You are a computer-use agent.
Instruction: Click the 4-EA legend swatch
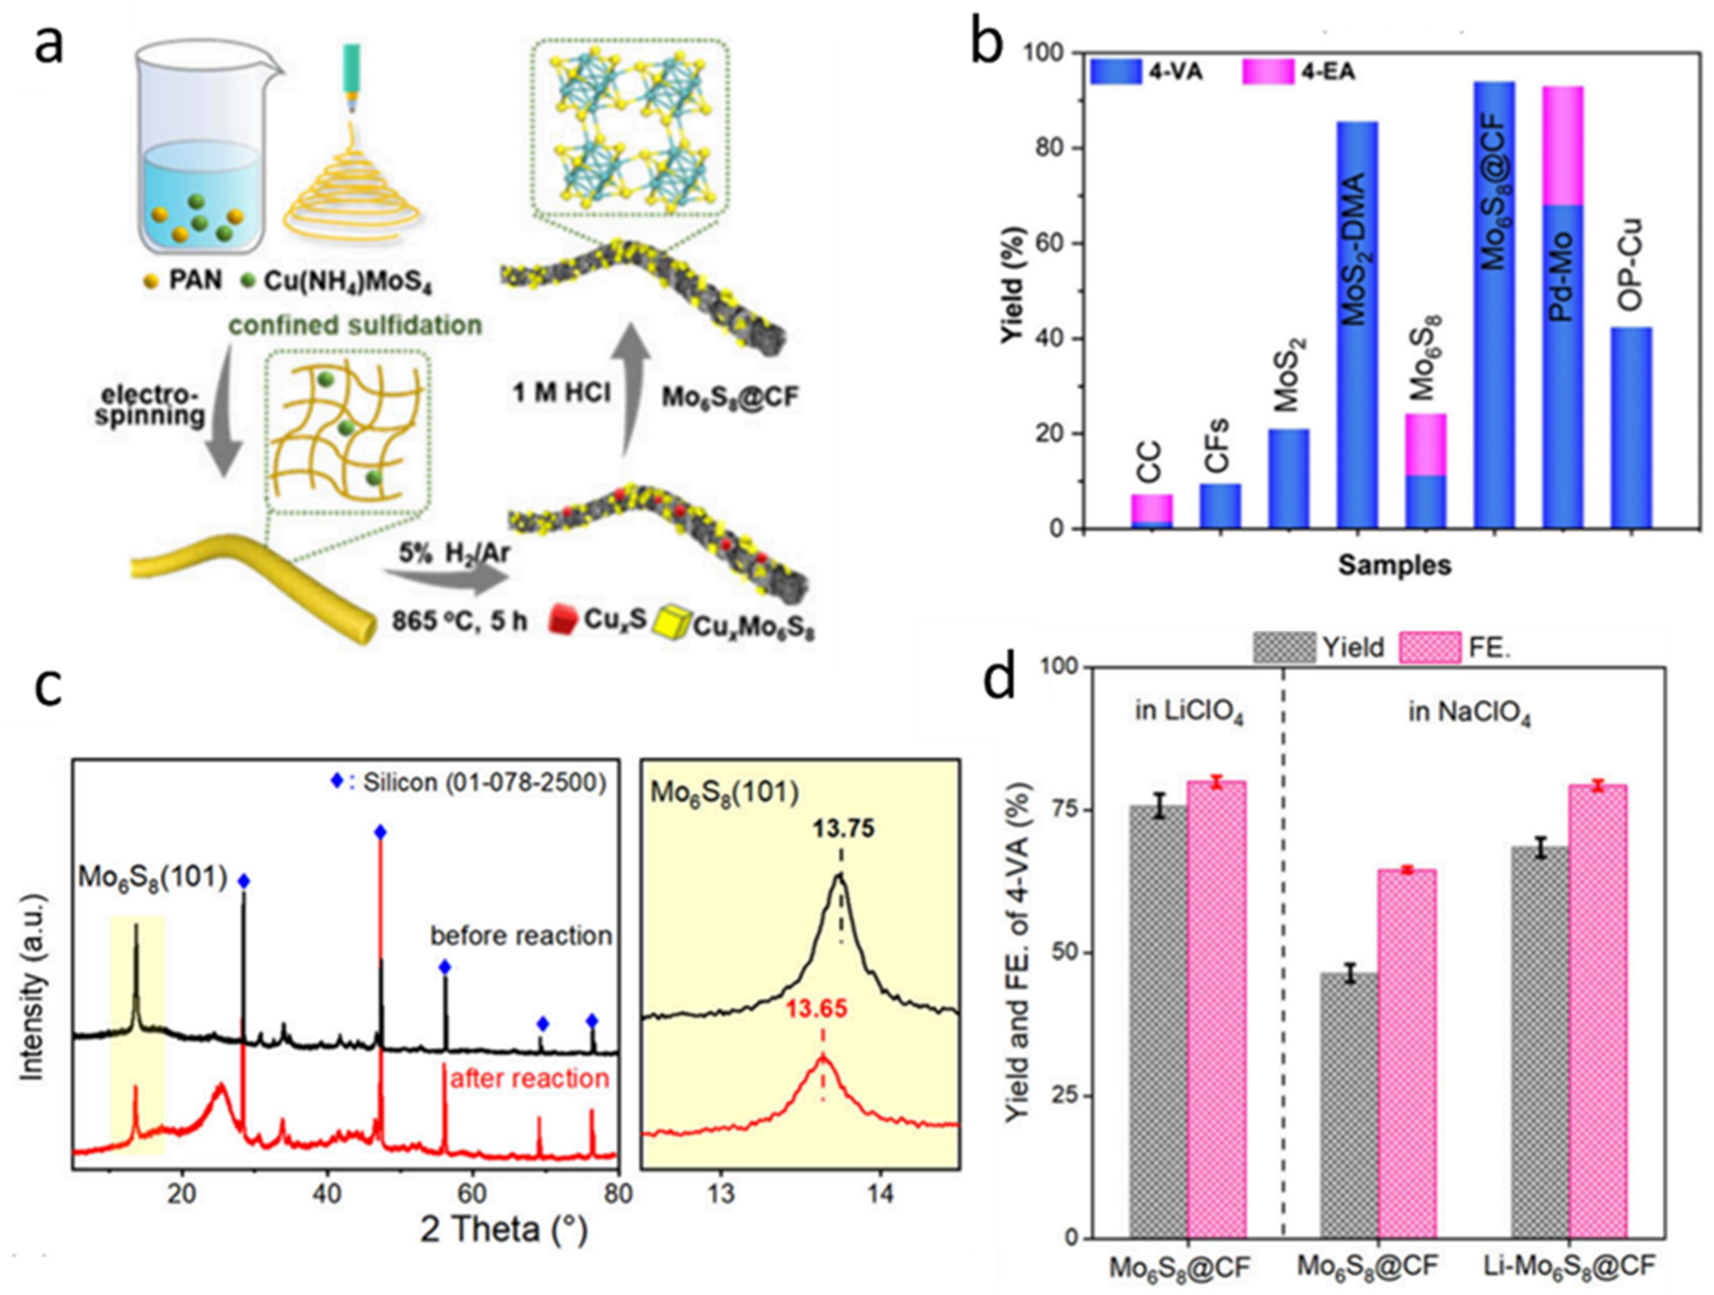point(1268,72)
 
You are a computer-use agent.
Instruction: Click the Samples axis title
point(1394,565)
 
